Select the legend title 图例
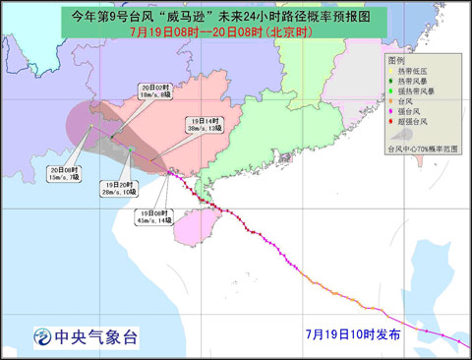395,60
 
